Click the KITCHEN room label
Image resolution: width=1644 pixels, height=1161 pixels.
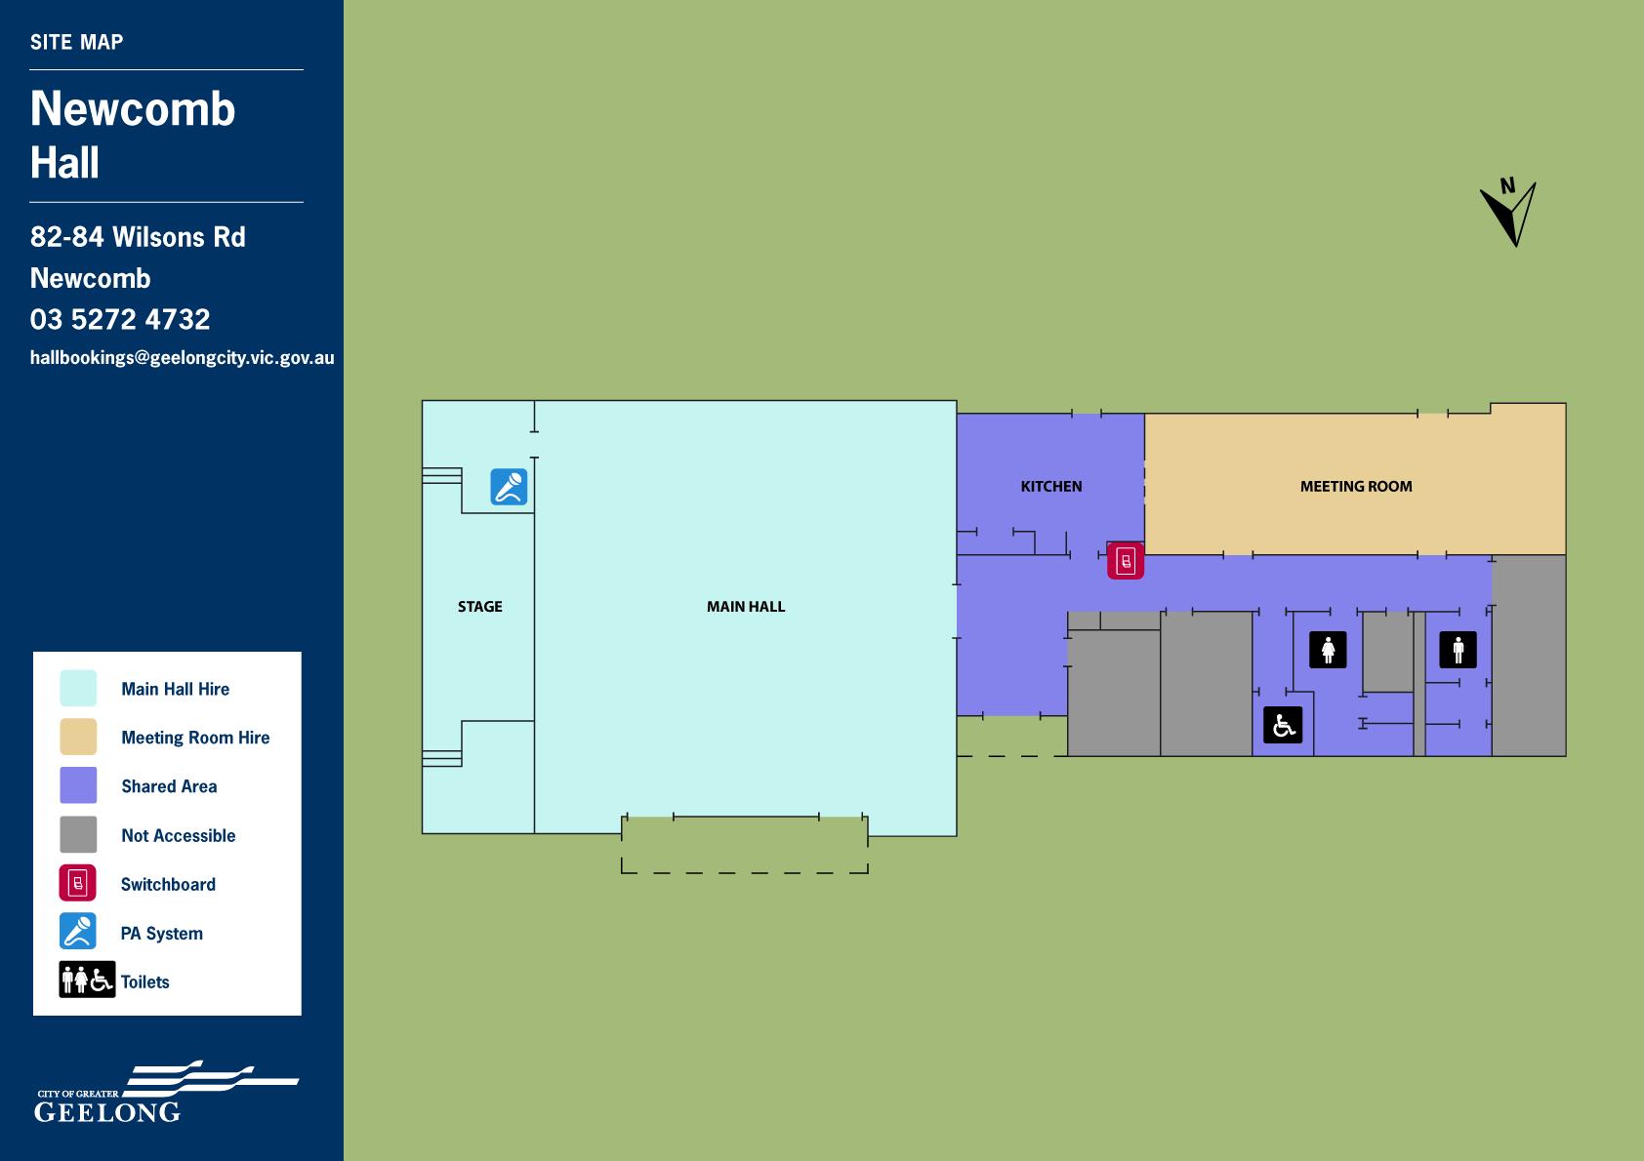point(1051,486)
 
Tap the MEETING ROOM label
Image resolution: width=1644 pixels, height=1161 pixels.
point(1356,486)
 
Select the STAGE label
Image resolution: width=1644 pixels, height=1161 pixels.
point(480,607)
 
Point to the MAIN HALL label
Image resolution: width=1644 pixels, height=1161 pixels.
point(746,607)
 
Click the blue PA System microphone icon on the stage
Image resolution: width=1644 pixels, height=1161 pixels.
point(509,487)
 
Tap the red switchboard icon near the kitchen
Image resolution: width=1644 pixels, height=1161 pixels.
point(1125,561)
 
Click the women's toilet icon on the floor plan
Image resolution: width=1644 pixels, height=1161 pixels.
point(1328,650)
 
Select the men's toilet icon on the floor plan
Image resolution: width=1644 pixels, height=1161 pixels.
point(1458,650)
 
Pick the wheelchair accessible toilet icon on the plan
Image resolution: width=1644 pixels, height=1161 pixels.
point(1283,725)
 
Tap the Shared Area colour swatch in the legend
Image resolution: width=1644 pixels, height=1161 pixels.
point(78,785)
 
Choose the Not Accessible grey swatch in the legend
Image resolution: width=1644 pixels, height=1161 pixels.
point(78,834)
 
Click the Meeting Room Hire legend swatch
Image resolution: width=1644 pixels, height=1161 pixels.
point(78,737)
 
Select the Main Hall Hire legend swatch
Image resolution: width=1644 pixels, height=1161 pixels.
point(78,688)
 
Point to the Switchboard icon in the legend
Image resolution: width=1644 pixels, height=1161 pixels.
point(78,883)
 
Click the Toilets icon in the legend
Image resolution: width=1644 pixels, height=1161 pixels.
point(87,980)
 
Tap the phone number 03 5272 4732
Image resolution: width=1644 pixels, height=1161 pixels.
point(120,319)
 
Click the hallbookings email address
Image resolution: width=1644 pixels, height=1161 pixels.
point(182,358)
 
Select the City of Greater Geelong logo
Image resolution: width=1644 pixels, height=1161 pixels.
point(167,1092)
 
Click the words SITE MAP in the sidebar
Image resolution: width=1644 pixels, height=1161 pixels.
point(76,42)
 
